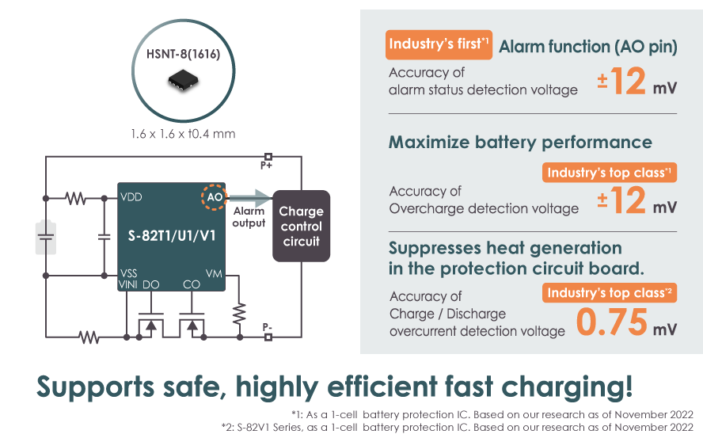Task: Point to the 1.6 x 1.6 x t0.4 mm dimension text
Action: click(183, 133)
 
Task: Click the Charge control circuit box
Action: click(301, 226)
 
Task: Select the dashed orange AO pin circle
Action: click(215, 197)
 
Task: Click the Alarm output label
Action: click(249, 217)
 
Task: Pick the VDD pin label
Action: click(131, 197)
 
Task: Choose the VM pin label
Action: click(213, 272)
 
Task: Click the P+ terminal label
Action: click(267, 166)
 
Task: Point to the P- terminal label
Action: click(268, 326)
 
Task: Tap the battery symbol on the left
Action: click(46, 236)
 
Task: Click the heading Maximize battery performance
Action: click(520, 143)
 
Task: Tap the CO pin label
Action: click(192, 284)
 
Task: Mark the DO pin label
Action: click(151, 284)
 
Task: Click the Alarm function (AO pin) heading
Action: click(587, 48)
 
